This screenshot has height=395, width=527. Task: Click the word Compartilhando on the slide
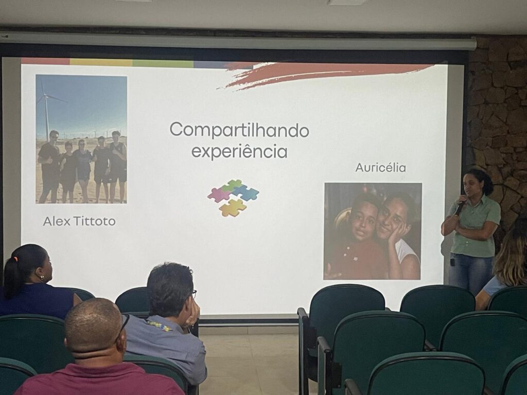click(239, 130)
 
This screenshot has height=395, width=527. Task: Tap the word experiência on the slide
click(239, 152)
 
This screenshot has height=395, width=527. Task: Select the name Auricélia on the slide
click(380, 168)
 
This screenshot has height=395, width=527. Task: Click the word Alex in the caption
click(57, 221)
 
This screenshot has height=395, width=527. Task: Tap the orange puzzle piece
click(233, 208)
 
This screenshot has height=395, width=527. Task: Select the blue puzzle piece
click(247, 192)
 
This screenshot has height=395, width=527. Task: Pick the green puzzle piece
click(232, 185)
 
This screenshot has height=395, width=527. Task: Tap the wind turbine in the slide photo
click(47, 107)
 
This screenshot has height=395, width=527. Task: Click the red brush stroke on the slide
click(323, 74)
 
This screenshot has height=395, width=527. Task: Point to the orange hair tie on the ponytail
click(15, 260)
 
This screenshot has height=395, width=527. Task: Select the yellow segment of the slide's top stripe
click(101, 62)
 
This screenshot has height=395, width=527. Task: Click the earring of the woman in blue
click(42, 277)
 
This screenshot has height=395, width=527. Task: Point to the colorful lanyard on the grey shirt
click(158, 325)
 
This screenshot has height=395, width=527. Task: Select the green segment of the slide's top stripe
click(163, 63)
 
